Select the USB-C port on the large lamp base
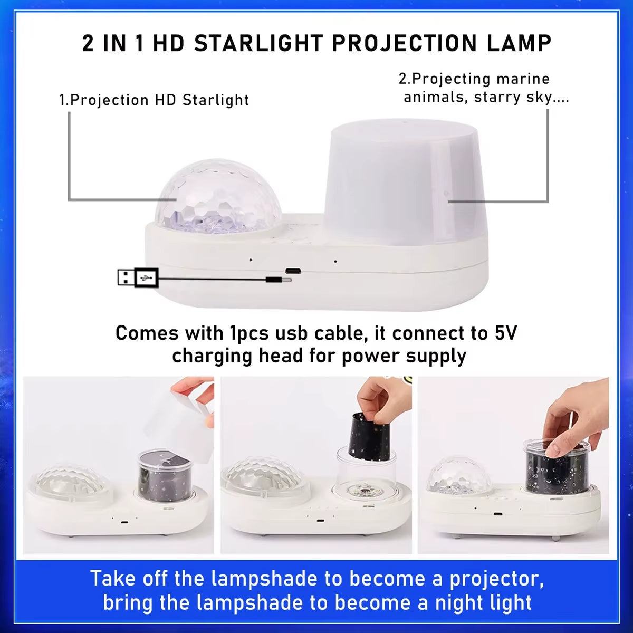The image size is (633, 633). [293, 271]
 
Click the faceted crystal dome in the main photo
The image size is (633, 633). [218, 196]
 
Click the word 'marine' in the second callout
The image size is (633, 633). [523, 79]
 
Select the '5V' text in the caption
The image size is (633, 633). [506, 333]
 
